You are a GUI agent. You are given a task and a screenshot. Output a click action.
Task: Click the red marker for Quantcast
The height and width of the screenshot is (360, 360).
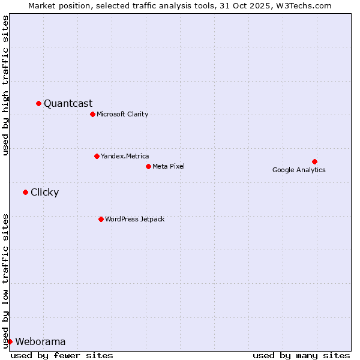point(38,103)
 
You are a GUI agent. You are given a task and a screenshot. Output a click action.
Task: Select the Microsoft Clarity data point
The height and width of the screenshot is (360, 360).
point(92,114)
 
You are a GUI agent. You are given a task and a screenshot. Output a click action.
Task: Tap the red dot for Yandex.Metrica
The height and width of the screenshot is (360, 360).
point(97,156)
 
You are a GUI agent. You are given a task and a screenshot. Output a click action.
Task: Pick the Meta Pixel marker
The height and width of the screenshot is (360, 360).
point(148,166)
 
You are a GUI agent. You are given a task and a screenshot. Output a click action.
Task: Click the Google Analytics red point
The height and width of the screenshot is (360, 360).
point(314,161)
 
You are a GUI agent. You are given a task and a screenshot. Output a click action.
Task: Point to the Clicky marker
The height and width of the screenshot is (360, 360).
point(25,192)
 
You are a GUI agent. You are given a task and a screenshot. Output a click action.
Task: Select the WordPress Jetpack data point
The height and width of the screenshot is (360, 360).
point(101,219)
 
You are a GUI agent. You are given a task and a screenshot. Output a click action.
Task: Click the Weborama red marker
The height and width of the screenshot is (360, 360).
point(10,341)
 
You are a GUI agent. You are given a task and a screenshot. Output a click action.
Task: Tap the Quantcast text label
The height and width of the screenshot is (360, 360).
point(68,103)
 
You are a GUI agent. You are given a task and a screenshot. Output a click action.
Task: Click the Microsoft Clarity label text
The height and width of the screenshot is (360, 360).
point(122,114)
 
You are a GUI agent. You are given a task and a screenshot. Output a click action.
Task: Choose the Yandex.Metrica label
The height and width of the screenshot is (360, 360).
point(125,156)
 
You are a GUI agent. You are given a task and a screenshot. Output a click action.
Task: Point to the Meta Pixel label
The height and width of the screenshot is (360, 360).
point(169,166)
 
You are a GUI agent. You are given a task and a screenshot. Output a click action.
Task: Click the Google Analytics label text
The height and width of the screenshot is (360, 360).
point(299,170)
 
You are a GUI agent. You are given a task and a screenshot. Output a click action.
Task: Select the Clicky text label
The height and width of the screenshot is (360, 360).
point(44,192)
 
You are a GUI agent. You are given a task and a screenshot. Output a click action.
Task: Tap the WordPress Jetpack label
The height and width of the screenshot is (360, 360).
point(134,219)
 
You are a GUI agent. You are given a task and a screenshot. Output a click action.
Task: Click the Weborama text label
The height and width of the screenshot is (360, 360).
point(40,341)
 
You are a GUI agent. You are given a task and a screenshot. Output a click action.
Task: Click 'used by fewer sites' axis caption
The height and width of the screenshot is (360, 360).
point(62,355)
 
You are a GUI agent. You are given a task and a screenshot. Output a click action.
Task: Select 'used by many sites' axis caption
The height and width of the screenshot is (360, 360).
point(301,355)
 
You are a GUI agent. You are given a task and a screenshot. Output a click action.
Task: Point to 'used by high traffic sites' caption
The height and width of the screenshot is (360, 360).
point(5,85)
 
